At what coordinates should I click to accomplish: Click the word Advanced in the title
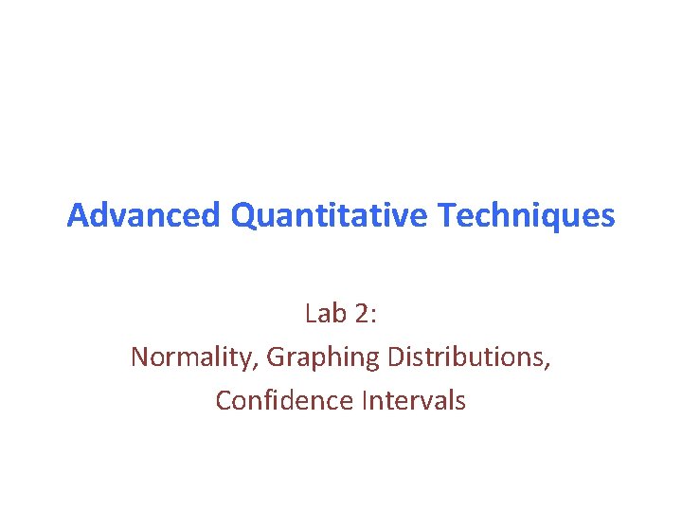(145, 216)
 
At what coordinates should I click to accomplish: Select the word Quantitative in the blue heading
(332, 216)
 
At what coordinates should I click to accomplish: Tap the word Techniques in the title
(527, 216)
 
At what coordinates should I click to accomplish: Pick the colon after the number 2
(373, 315)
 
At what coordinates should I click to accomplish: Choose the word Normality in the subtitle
(192, 357)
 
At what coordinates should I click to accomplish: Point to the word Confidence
(284, 400)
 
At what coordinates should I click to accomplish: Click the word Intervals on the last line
(414, 400)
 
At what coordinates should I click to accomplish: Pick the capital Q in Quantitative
(242, 216)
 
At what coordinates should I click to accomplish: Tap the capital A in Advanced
(77, 216)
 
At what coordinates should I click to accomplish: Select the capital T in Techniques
(447, 216)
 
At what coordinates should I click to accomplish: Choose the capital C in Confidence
(224, 400)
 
